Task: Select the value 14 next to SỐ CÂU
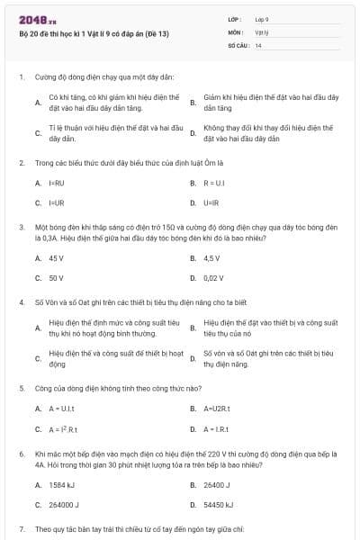point(258,44)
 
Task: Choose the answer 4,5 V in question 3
point(213,257)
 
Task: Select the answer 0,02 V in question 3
point(214,278)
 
